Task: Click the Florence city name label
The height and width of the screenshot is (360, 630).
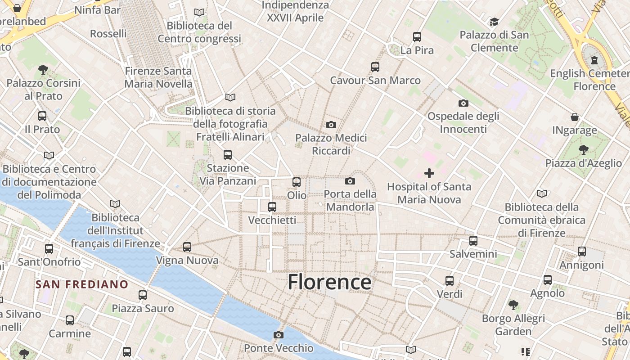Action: (x=329, y=282)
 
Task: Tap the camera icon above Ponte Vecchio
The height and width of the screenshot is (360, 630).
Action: (x=279, y=335)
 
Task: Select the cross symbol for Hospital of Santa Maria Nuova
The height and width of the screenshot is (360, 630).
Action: (x=429, y=173)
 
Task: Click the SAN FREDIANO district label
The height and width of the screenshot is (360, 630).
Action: (x=82, y=284)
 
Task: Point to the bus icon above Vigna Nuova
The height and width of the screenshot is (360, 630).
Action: (x=187, y=247)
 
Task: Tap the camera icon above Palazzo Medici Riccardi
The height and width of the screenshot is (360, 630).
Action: (x=331, y=125)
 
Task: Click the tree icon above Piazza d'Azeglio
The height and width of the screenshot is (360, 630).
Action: (x=584, y=149)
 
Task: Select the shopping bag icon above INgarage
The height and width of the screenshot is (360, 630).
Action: (x=575, y=117)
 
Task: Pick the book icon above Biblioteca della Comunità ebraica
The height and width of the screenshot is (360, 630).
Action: (x=542, y=194)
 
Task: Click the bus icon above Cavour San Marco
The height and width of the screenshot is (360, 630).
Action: (x=375, y=67)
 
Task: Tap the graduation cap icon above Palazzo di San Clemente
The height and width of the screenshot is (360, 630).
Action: (x=494, y=22)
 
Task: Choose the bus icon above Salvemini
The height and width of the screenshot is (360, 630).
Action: (x=473, y=241)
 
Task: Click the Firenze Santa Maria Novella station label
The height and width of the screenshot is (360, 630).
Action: (x=158, y=77)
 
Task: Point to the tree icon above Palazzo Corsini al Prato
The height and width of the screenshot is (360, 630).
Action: (x=43, y=69)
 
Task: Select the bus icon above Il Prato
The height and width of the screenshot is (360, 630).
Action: (x=42, y=116)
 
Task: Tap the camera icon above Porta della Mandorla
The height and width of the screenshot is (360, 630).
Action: (x=350, y=181)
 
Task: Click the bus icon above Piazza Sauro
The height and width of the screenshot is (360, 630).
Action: (x=143, y=295)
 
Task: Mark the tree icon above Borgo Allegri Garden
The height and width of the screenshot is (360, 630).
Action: (x=513, y=305)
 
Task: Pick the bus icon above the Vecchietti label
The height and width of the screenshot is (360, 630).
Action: (x=272, y=207)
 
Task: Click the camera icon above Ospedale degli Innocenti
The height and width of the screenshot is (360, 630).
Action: (x=463, y=103)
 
